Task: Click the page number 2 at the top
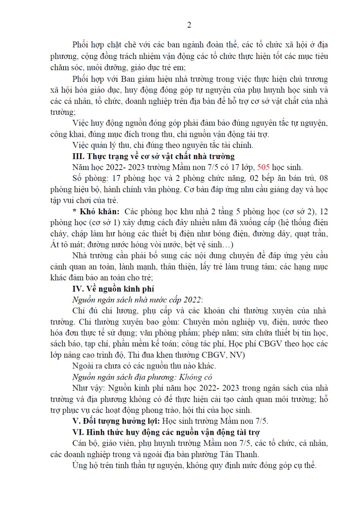pos(189,25)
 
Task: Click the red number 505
pos(263,167)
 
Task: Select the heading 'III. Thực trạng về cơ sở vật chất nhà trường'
pos(153,156)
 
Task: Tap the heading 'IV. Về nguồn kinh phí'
pos(113,289)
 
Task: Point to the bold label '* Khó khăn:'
pos(96,211)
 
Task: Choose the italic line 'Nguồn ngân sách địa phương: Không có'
pos(142,377)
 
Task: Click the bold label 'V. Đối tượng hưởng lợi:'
pos(116,421)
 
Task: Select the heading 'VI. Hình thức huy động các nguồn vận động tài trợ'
pos(166,432)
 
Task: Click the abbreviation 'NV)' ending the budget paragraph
pos(237,355)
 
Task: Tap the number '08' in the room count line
pos(323,178)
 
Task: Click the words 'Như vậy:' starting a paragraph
pos(88,388)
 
